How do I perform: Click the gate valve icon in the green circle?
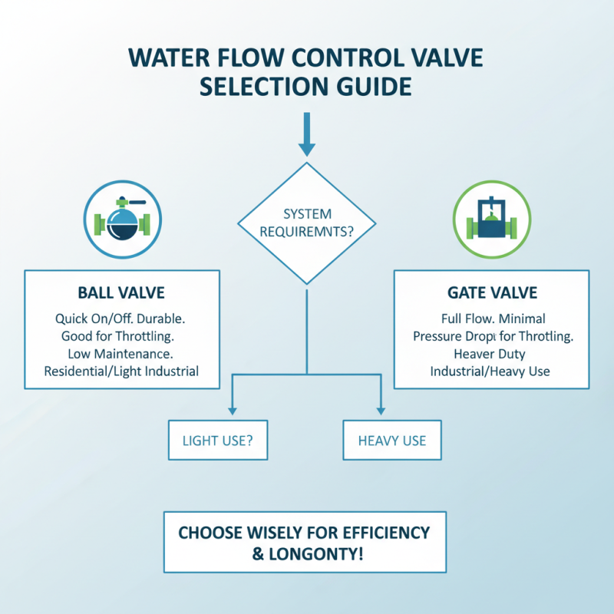[x=490, y=220]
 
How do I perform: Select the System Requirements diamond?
[x=306, y=223]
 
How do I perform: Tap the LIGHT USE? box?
[x=217, y=441]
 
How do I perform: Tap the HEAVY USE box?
[x=391, y=441]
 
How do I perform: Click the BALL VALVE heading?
[x=122, y=294]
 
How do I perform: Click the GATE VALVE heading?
[x=491, y=294]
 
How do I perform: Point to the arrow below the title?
[x=306, y=138]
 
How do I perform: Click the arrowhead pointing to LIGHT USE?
[x=233, y=410]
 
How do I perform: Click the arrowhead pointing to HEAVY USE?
[x=379, y=410]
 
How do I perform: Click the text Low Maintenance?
[x=122, y=354]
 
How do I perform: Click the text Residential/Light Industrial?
[x=122, y=371]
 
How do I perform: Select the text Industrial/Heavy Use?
[x=491, y=371]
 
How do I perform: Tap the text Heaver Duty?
[x=491, y=354]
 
